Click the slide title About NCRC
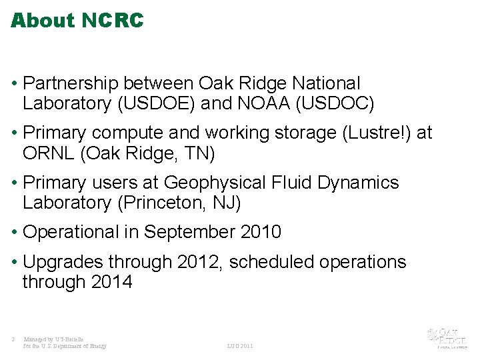[x=77, y=21]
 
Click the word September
[x=189, y=233]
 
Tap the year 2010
[x=260, y=233]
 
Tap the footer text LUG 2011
[x=240, y=347]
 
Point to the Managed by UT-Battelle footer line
[x=53, y=339]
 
